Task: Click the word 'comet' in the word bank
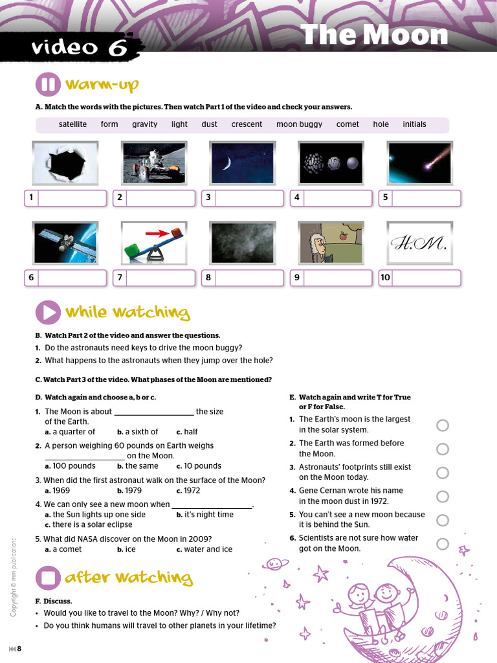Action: point(348,124)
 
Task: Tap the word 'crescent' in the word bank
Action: point(247,124)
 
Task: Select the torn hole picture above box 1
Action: point(65,163)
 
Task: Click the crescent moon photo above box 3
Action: point(243,163)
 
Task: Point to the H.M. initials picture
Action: point(419,244)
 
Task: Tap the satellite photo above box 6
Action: point(65,244)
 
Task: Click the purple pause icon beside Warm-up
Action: point(49,85)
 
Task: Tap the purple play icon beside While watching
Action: point(49,313)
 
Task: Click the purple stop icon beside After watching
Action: point(49,577)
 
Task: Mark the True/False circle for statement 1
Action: point(443,425)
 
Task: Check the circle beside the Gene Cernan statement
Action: point(443,497)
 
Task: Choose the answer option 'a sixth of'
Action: point(137,432)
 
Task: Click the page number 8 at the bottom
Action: point(19,649)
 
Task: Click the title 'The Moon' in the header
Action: point(375,34)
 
